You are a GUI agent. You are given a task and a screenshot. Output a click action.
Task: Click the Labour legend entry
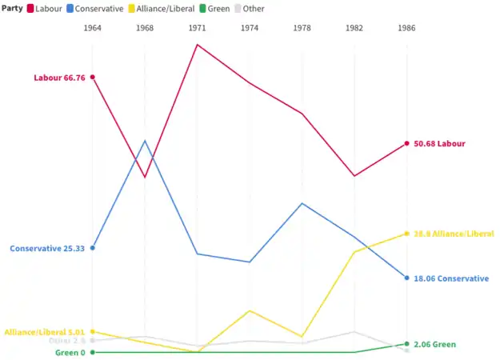(x=43, y=8)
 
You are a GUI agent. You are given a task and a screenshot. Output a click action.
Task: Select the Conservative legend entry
(x=94, y=8)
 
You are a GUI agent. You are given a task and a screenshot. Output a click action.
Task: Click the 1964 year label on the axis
(x=93, y=28)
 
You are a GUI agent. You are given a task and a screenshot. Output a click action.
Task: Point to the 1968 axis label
(x=145, y=28)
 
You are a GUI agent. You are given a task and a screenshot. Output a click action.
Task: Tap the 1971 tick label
(x=197, y=28)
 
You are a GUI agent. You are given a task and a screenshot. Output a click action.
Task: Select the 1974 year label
(x=250, y=28)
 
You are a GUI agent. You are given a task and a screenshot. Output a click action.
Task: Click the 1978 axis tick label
(x=302, y=28)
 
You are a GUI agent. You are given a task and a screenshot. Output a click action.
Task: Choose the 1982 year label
(x=354, y=28)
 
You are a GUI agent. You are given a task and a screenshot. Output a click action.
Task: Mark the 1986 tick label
(x=406, y=28)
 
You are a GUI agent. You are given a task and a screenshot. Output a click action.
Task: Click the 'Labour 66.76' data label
(x=59, y=78)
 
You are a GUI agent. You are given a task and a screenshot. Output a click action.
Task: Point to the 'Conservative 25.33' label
(x=47, y=248)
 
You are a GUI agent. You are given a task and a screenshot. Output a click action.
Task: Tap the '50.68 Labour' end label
(x=440, y=144)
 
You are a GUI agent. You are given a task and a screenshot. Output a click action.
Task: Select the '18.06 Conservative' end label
(x=451, y=278)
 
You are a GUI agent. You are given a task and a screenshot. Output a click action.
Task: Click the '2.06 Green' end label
(x=435, y=344)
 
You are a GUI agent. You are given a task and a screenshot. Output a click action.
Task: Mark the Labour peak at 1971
(x=197, y=44)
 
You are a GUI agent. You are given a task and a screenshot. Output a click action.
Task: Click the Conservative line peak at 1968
(x=145, y=141)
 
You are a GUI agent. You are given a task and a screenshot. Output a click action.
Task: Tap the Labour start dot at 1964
(x=93, y=77)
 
